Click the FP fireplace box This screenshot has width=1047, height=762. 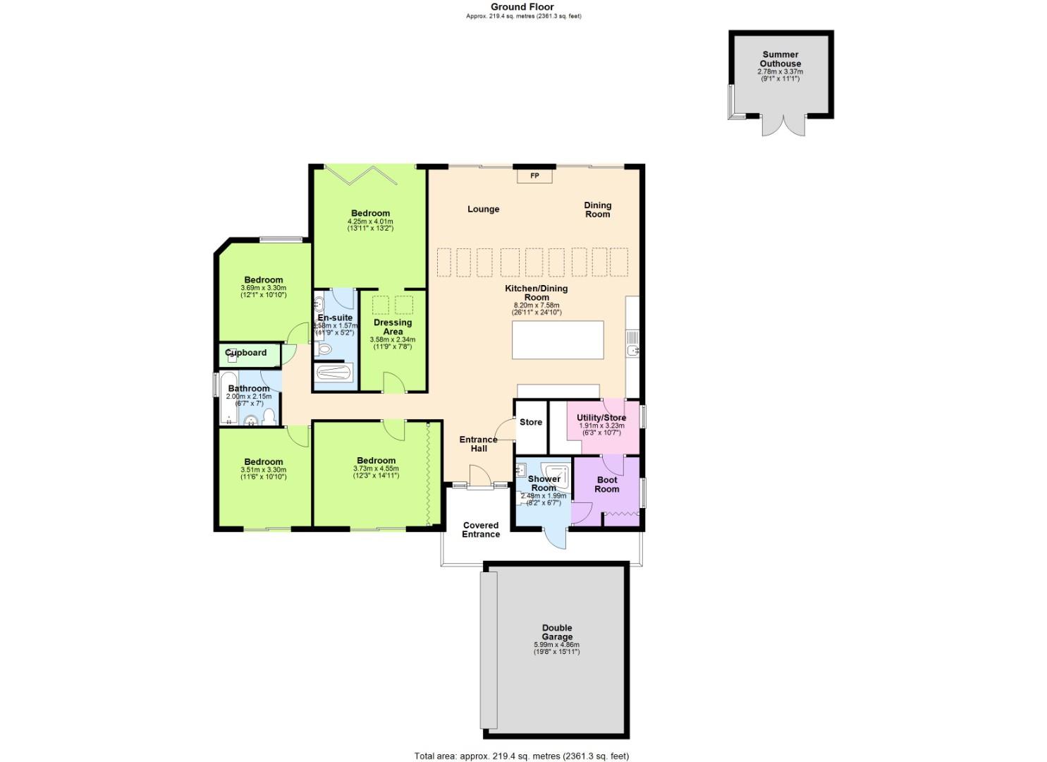(x=534, y=176)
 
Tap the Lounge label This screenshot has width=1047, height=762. (x=483, y=209)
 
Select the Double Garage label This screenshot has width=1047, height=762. (x=557, y=632)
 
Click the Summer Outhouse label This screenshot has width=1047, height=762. (x=780, y=59)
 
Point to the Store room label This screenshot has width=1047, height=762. (x=531, y=422)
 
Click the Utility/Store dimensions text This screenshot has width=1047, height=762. (x=601, y=429)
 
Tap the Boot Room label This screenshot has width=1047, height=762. (x=606, y=485)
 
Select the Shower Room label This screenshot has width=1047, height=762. (x=544, y=483)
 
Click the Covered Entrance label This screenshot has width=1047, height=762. (x=481, y=530)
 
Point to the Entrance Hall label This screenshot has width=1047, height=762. (x=478, y=444)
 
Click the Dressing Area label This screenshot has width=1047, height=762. (x=393, y=327)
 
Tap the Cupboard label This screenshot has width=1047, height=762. (x=246, y=353)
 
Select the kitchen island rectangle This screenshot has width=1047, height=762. (x=558, y=340)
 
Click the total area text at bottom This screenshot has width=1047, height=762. (x=521, y=756)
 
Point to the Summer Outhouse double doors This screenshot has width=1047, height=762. (x=783, y=126)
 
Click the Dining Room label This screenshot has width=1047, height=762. (x=597, y=210)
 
